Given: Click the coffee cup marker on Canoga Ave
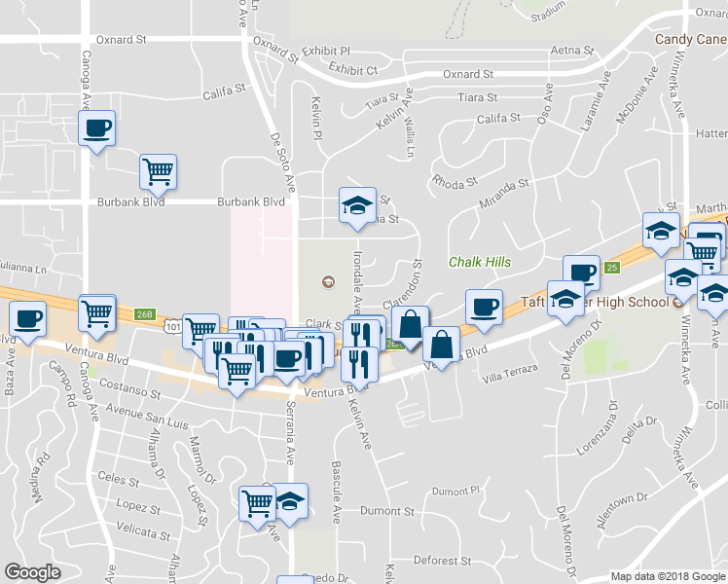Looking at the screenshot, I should pos(96,128).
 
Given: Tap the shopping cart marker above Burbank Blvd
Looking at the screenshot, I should pos(158,171).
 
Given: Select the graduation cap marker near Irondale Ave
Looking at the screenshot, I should pos(357,205).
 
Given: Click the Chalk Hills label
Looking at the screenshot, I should pos(480,262).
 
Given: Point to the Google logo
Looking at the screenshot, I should pos(32,571).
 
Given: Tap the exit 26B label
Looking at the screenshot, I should pos(145,313).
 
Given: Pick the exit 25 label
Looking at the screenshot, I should pos(611,267).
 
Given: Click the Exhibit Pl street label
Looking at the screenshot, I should pos(326,51).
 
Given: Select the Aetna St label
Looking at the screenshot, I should pos(572,50).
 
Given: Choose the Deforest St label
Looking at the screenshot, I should pos(442,561).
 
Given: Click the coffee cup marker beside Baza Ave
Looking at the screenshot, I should pos(28,318).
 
